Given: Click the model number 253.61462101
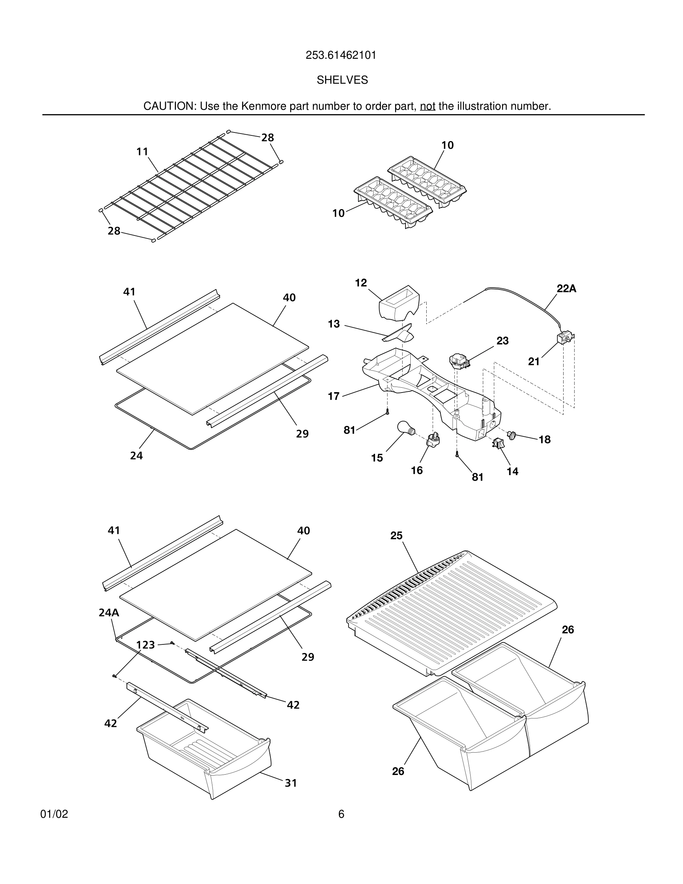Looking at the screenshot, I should point(341,55).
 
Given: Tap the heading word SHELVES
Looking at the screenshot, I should point(342,80).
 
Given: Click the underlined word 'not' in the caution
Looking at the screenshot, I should point(427,106).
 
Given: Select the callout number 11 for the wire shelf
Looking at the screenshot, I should point(142,151).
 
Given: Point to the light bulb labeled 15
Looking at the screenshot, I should point(405,428).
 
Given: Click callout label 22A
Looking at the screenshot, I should point(566,289).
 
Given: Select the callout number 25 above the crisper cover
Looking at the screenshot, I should point(396,535).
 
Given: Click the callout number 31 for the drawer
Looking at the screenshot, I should point(291,783).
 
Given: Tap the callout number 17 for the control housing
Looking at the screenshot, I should point(333,396).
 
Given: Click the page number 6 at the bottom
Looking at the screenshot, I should point(341,814).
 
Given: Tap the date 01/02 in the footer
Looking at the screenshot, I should point(54,814).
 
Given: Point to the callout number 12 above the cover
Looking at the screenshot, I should point(361,282).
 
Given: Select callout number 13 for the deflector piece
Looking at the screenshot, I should point(334,324).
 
